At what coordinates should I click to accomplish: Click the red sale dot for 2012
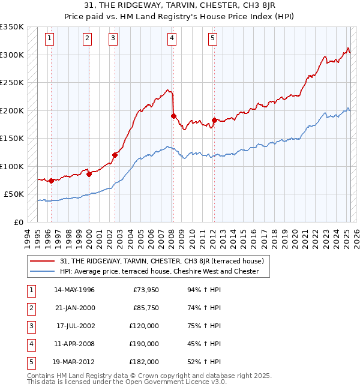214,121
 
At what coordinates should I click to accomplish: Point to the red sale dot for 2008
173,116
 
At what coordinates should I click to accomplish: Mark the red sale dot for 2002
114,155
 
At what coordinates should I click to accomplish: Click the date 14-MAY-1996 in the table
74,290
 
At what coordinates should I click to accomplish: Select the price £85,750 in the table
145,308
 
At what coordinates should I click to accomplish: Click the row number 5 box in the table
29,362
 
